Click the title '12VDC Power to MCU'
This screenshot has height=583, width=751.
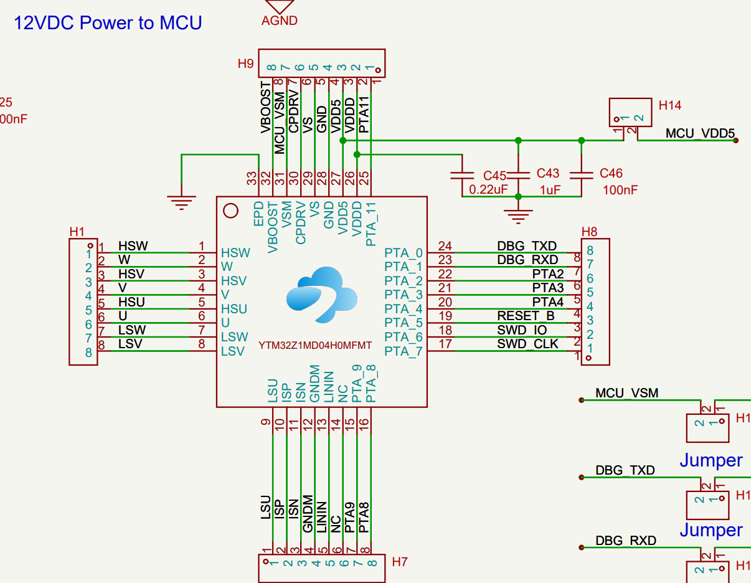click(108, 23)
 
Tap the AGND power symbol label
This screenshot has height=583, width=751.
click(279, 21)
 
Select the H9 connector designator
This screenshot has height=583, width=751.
click(245, 64)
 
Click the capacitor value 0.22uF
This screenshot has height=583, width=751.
click(489, 189)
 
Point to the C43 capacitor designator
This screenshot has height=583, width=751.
click(548, 174)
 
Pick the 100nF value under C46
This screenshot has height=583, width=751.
click(620, 189)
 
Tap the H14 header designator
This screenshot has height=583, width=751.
click(670, 105)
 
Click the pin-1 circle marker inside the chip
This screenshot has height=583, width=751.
click(230, 211)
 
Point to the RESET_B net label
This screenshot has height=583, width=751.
click(526, 316)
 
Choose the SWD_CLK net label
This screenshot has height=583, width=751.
click(527, 344)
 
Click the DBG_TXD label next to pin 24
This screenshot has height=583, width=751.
click(527, 246)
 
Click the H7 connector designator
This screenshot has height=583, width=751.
click(400, 562)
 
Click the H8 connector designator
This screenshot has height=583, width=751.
click(589, 232)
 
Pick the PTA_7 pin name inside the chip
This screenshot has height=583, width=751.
click(404, 351)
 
